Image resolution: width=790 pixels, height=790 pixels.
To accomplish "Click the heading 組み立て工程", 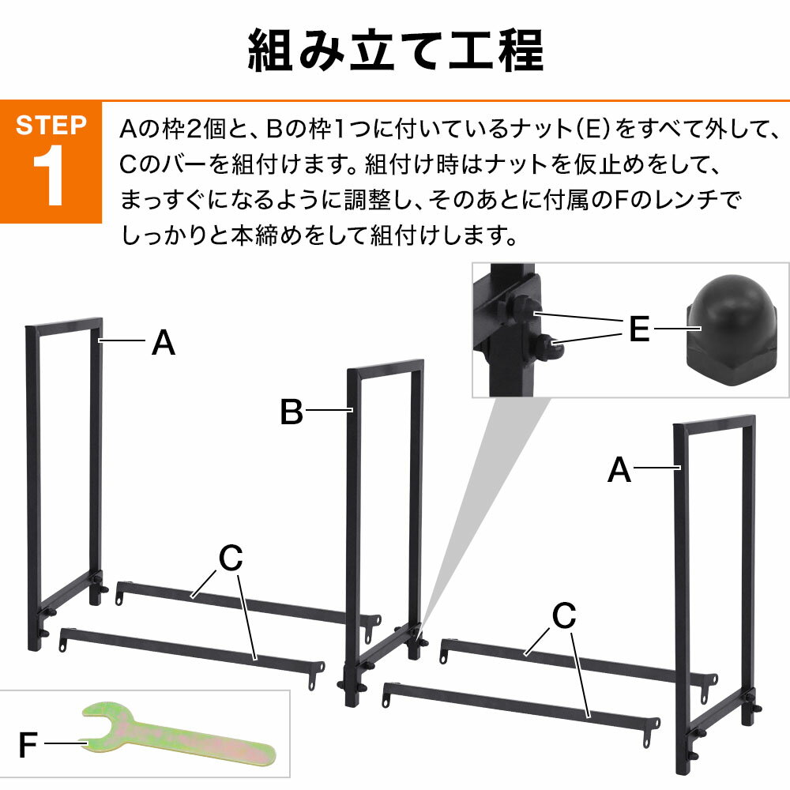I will (395, 51).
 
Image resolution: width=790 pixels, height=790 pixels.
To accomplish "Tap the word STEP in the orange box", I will (51, 126).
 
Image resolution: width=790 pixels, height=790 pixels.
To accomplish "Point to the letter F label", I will (28, 745).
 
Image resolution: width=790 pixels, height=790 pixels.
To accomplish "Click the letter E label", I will (638, 329).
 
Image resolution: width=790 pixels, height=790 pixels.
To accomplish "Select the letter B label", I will (292, 412).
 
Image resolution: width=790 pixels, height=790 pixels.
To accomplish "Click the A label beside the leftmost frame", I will (163, 344).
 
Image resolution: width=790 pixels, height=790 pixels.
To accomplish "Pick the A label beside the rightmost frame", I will (619, 471).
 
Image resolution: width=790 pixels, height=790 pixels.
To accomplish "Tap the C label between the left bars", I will (230, 559).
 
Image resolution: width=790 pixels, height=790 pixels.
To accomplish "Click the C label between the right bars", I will (563, 616).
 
